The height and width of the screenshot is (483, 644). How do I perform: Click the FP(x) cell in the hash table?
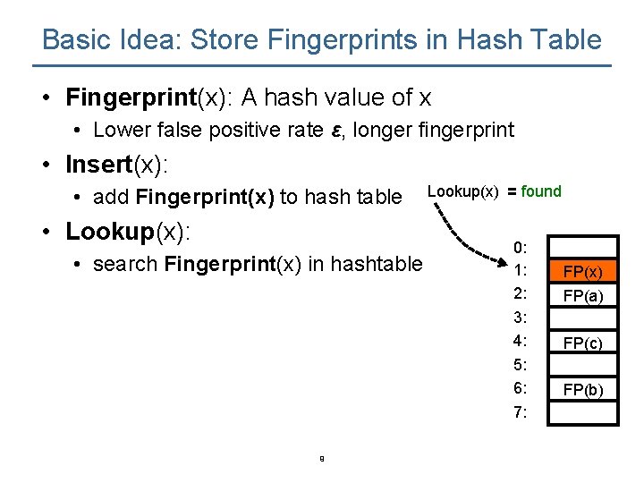pos(583,271)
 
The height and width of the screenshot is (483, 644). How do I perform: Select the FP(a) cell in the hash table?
pos(583,295)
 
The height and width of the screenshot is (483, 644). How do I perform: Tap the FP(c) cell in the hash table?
pos(583,343)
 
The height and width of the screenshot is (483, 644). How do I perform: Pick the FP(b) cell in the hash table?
pos(583,389)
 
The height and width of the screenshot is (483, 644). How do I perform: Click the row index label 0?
pos(521,247)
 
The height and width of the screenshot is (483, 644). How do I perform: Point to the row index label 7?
pos(521,412)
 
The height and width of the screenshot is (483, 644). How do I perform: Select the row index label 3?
pos(521,318)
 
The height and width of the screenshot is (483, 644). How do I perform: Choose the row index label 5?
pos(521,365)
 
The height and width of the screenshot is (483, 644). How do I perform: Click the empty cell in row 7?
pos(583,412)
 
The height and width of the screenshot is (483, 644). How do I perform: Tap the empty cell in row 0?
pos(583,247)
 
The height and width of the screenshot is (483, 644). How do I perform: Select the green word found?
pos(541,191)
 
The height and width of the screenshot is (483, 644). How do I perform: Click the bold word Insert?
pos(98,165)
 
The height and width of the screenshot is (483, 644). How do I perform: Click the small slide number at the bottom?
pos(321,460)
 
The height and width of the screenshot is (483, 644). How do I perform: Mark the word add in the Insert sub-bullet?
pos(111,197)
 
